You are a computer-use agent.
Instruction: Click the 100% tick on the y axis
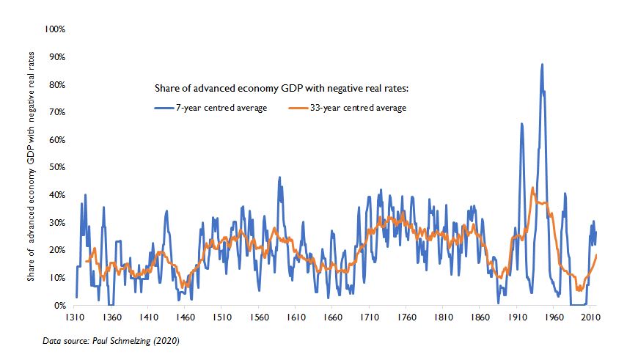click(x=56, y=29)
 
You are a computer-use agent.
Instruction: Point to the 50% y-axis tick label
click(x=58, y=167)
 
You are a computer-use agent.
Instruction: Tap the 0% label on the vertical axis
click(x=60, y=305)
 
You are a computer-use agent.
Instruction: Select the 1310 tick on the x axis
click(x=76, y=318)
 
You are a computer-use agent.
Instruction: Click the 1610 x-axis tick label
click(x=296, y=318)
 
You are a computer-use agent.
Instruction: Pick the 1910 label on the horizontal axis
click(x=516, y=318)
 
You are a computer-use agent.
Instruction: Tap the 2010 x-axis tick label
click(x=590, y=318)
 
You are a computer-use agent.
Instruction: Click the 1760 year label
click(x=406, y=318)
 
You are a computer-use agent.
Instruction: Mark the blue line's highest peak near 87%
click(x=542, y=65)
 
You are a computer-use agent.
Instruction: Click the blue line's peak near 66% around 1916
click(x=521, y=124)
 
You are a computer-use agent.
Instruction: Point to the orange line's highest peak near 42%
click(x=532, y=188)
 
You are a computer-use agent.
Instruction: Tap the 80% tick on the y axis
click(x=58, y=84)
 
